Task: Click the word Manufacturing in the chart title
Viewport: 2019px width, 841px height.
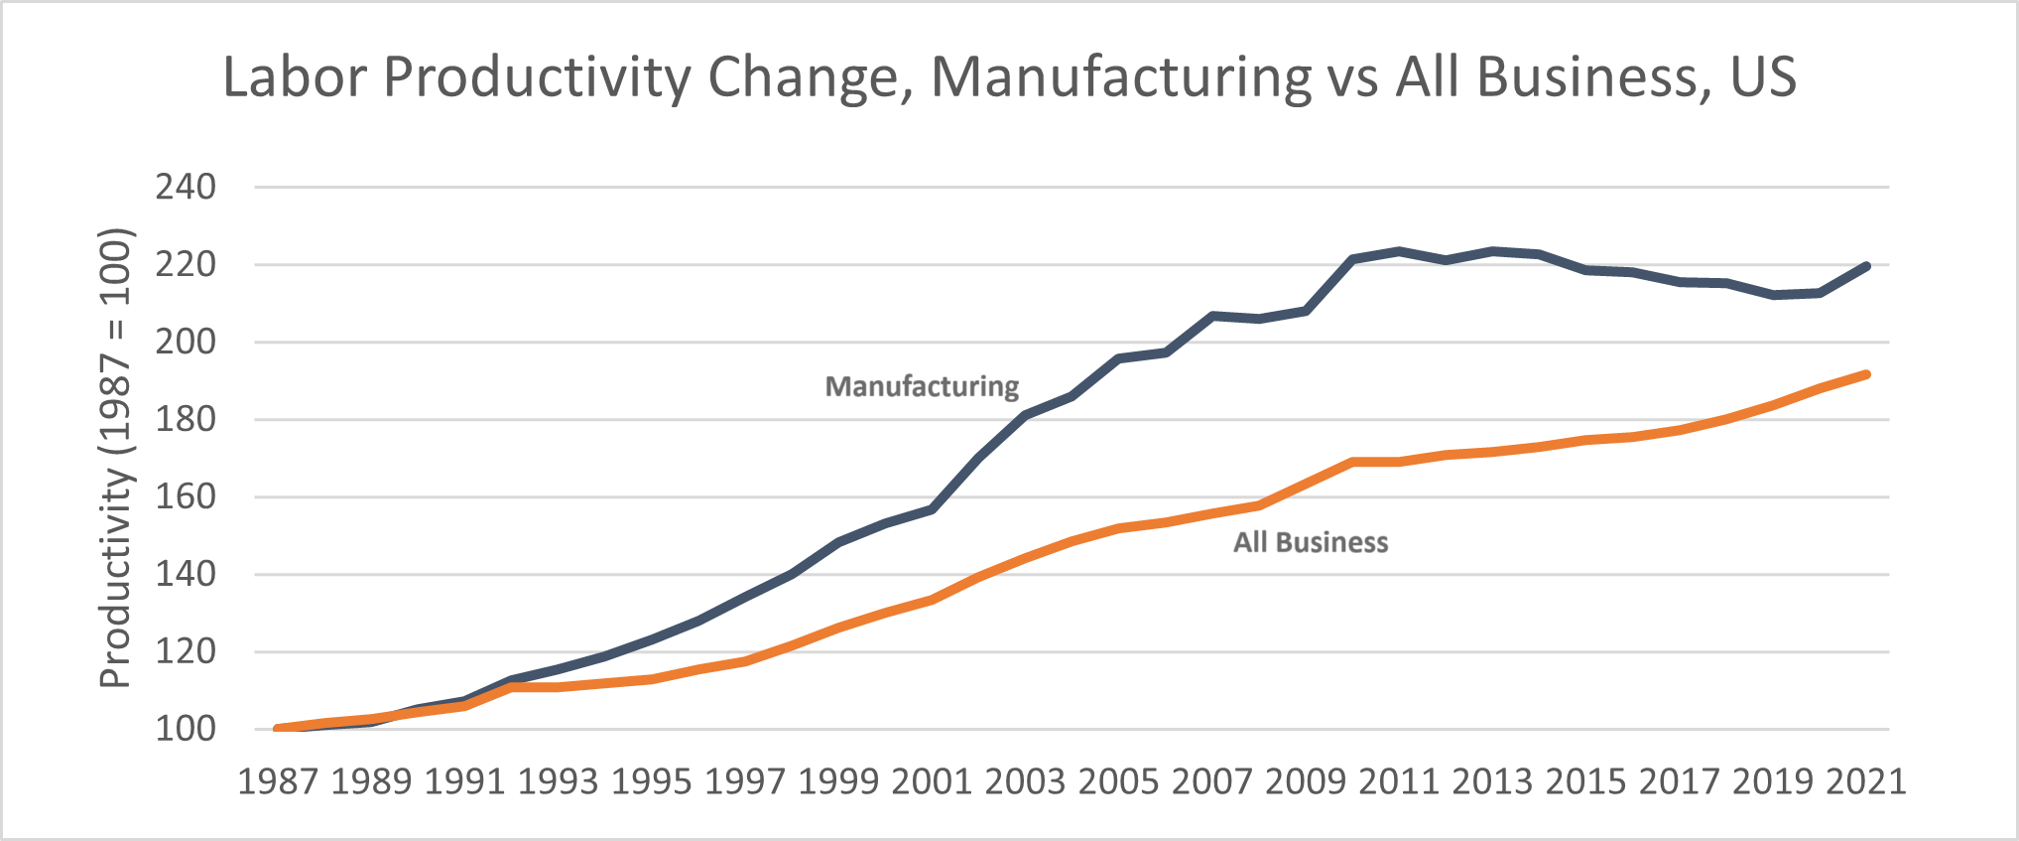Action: coord(1121,77)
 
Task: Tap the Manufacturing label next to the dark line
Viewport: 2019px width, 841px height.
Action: coord(922,386)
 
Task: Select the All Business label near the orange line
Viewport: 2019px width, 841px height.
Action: coord(1310,542)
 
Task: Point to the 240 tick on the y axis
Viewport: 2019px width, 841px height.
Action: coord(186,187)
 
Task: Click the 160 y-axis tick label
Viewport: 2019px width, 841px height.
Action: coord(186,496)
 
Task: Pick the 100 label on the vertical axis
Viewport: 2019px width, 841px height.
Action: coord(186,729)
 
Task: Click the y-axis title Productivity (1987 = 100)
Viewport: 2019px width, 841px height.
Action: coord(115,458)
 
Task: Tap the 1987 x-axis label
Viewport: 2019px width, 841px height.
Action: coord(278,781)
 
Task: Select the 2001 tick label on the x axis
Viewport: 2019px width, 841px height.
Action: coord(932,781)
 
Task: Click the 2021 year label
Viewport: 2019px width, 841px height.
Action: coord(1865,781)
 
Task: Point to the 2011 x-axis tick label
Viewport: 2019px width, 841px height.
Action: coord(1399,781)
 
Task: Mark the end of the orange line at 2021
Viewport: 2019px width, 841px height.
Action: coord(1866,374)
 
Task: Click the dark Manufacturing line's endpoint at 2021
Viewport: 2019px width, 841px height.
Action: coord(1866,266)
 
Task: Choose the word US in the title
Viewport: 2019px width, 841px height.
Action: coord(1763,77)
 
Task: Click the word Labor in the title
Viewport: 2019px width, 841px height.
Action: coord(295,77)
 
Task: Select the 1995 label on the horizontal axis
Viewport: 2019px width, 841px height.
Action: coord(652,781)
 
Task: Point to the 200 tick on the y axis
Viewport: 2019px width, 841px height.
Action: coord(186,342)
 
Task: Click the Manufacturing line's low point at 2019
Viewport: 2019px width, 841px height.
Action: coord(1773,295)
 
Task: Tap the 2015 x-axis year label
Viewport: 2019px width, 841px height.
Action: coord(1585,781)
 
